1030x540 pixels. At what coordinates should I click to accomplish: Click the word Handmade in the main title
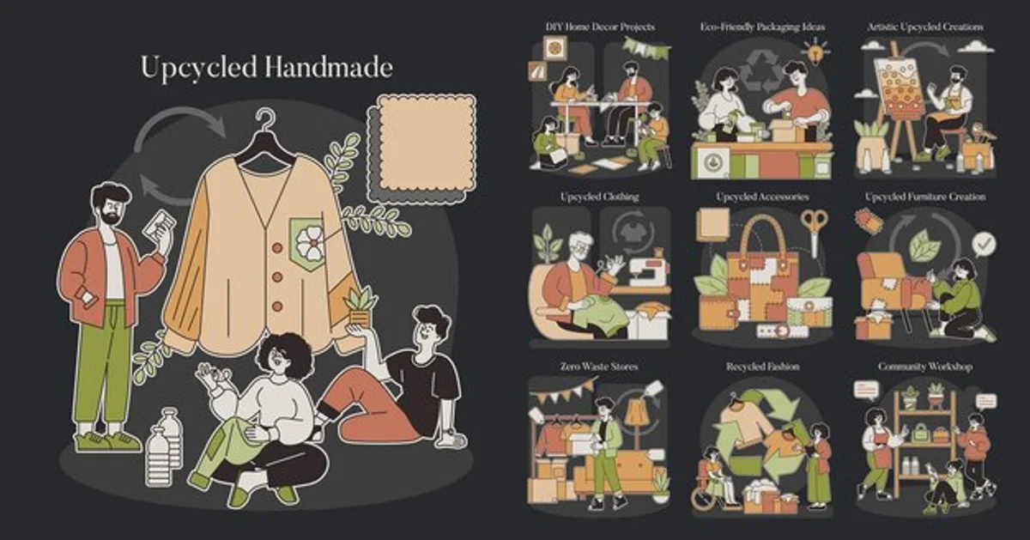[330, 68]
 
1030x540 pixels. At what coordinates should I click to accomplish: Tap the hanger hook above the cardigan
[266, 120]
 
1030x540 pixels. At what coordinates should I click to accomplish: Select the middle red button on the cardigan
[276, 277]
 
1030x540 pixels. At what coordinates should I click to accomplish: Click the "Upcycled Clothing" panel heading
[599, 197]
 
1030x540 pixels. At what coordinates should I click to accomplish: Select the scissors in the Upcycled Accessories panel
[814, 232]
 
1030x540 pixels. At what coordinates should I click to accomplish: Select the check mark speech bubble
[984, 244]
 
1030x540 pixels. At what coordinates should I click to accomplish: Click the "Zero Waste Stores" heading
[599, 367]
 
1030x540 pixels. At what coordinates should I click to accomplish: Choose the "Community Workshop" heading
[925, 367]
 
